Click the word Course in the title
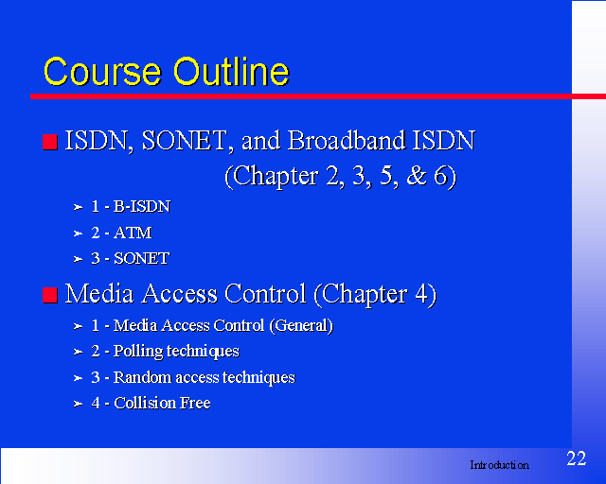102,72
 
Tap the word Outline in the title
231,71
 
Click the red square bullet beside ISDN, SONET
50,142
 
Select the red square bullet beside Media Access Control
50,295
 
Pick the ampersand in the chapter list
417,176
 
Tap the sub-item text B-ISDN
142,206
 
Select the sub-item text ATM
133,233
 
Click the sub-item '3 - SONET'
131,258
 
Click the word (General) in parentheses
301,326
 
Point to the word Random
142,377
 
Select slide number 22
577,458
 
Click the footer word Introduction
499,465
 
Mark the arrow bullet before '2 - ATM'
78,233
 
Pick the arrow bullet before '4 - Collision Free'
78,404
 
